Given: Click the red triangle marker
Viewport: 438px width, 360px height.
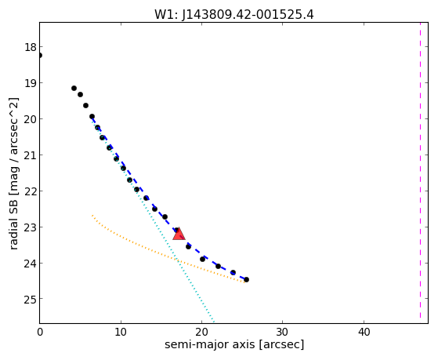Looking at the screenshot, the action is coord(179,235).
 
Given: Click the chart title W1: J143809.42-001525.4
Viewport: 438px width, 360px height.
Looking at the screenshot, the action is coord(234,14).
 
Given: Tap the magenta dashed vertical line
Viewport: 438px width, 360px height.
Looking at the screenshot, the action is coord(420,170).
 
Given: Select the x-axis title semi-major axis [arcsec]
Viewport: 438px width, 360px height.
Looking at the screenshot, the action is coord(234,344).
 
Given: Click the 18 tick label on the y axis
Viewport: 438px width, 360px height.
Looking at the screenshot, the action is coord(31,47).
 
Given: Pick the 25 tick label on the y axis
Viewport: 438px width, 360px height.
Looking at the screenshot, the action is coord(31,300).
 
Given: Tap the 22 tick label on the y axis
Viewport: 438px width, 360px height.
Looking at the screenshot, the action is coord(31,191).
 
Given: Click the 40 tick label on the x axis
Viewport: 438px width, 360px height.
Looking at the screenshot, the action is coord(364,332).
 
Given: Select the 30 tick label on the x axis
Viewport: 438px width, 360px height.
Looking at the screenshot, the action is coord(282,332).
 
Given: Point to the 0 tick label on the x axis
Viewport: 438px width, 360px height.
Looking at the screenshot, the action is coord(40,332).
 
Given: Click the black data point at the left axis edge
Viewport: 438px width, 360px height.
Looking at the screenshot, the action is coord(40,56).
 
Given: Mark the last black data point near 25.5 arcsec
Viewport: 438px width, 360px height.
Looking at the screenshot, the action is coord(246,279).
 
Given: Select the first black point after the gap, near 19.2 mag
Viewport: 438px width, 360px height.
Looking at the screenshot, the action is coord(74,89).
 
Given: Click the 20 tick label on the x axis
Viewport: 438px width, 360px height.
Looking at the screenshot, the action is coord(201,332).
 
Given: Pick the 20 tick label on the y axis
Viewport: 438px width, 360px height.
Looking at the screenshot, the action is coord(31,119).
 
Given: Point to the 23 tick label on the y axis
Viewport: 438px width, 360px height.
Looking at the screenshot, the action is coord(31,227).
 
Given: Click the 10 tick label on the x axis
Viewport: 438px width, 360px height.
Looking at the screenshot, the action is coord(121,332).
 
